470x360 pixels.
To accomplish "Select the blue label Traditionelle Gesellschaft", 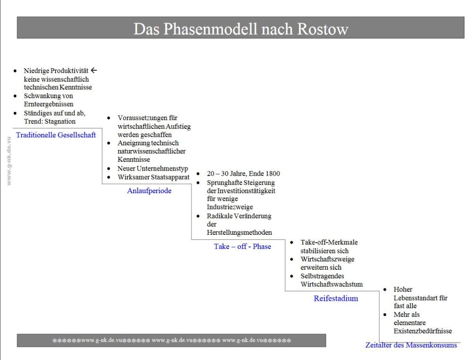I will pos(56,135).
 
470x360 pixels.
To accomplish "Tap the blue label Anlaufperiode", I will pos(149,191).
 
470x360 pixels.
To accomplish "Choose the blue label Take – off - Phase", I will pos(242,246).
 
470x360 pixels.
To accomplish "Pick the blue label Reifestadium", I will pos(336,299).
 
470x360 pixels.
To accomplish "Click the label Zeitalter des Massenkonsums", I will pos(411,345).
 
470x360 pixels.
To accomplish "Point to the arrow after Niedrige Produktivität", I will pos(94,71).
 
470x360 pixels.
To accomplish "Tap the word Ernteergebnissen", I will pos(49,104).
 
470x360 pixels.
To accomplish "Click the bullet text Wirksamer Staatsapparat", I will pos(153,177).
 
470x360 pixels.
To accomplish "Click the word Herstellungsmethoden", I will pos(239,233).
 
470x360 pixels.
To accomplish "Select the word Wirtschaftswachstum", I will pos(331,284).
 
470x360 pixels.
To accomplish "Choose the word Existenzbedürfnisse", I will pos(422,331).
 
